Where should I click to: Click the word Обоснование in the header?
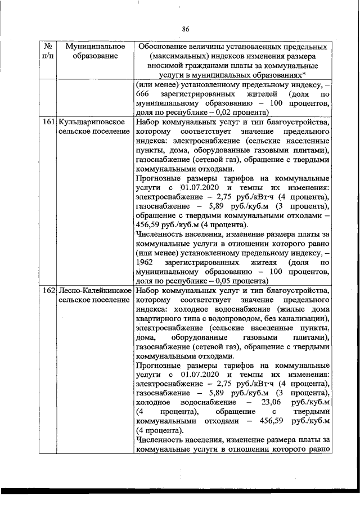point(163,45)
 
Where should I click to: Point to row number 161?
point(48,121)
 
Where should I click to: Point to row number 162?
point(48,290)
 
